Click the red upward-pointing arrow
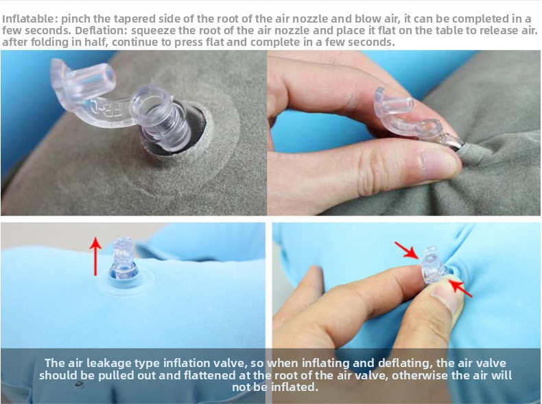point(95,256)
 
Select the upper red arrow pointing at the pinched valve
point(407,250)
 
